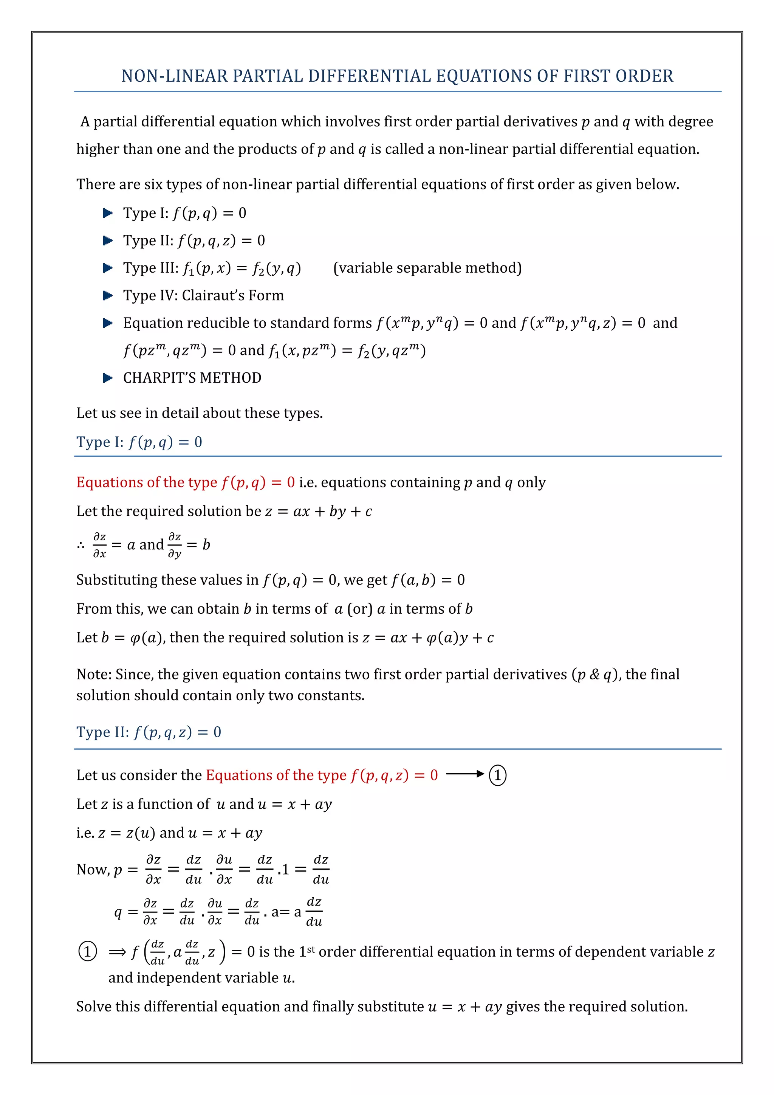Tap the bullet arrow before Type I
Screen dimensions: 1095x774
pyautogui.click(x=108, y=213)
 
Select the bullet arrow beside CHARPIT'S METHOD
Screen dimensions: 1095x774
pyautogui.click(x=108, y=378)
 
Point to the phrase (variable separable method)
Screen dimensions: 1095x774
pyautogui.click(x=427, y=268)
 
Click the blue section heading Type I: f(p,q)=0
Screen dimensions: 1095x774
pyautogui.click(x=139, y=442)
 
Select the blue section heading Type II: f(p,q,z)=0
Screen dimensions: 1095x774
pyautogui.click(x=149, y=732)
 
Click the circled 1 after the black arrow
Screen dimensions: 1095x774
pyautogui.click(x=498, y=775)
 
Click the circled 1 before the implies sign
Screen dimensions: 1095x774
pyautogui.click(x=88, y=951)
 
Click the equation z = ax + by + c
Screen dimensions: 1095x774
pyautogui.click(x=318, y=511)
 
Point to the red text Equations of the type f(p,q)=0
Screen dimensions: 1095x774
pyautogui.click(x=186, y=482)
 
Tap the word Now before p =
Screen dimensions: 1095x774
pyautogui.click(x=91, y=869)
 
